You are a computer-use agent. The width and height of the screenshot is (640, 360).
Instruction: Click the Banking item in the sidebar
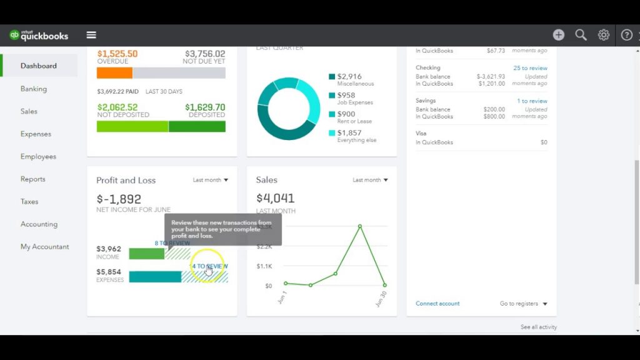click(x=34, y=89)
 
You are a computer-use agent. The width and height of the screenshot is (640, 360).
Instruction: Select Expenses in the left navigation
click(x=36, y=134)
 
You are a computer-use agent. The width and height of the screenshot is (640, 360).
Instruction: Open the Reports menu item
click(x=32, y=179)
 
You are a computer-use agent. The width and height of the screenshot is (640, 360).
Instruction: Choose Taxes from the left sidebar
click(x=29, y=201)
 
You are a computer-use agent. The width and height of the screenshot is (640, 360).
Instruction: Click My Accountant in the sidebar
click(x=44, y=246)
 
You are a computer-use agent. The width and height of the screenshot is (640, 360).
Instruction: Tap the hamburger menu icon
click(x=91, y=35)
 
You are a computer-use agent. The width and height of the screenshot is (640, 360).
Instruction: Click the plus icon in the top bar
click(x=559, y=35)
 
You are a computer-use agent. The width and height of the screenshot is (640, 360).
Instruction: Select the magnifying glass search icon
click(x=581, y=35)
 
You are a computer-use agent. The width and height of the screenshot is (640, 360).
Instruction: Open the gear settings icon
click(x=604, y=35)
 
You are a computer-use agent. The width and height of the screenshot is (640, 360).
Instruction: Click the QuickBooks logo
click(x=39, y=36)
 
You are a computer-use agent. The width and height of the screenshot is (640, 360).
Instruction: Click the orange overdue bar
click(x=114, y=73)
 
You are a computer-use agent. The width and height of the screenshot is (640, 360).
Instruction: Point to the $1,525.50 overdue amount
click(x=117, y=54)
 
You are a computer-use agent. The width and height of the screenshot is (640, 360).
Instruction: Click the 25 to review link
click(x=530, y=68)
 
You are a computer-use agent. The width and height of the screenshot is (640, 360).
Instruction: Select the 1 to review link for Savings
click(x=532, y=101)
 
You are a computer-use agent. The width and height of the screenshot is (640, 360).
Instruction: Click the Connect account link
click(x=437, y=304)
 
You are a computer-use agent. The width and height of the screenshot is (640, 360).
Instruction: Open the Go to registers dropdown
click(x=523, y=304)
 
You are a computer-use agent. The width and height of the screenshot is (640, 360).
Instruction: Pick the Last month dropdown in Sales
click(x=370, y=180)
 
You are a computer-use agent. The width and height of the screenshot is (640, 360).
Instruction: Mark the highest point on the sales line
click(x=360, y=226)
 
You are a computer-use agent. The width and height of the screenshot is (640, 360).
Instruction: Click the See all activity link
click(x=538, y=327)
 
